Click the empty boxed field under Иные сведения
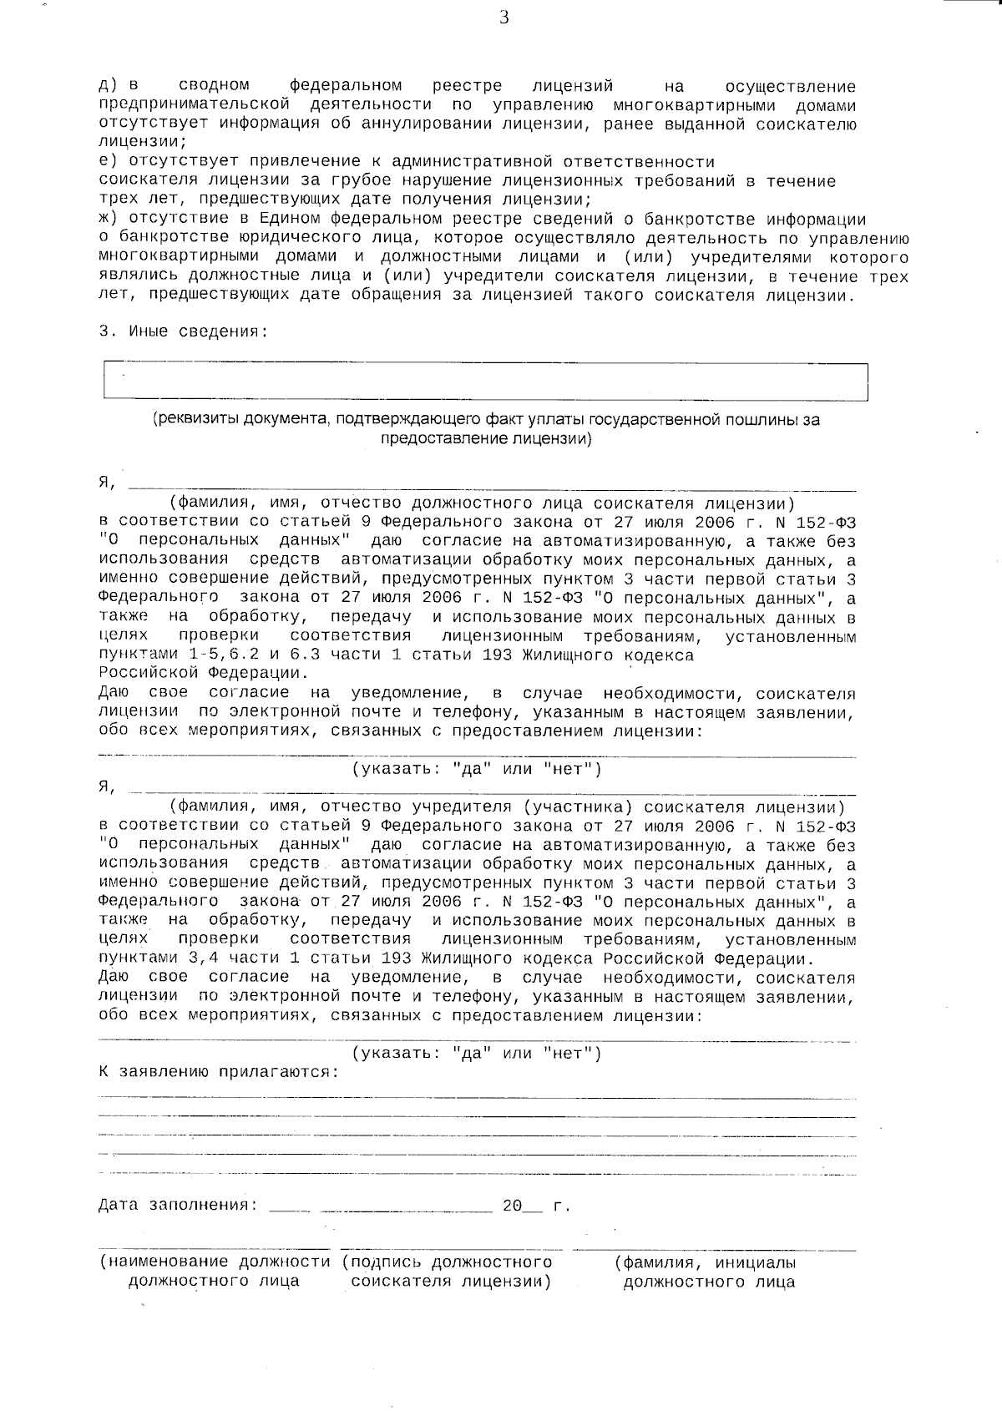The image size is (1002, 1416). [484, 381]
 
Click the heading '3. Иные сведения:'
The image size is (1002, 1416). [184, 331]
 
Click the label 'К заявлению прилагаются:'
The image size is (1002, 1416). [219, 1072]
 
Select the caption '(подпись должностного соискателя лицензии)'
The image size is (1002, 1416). [449, 1272]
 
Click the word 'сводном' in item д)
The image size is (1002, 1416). [214, 86]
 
